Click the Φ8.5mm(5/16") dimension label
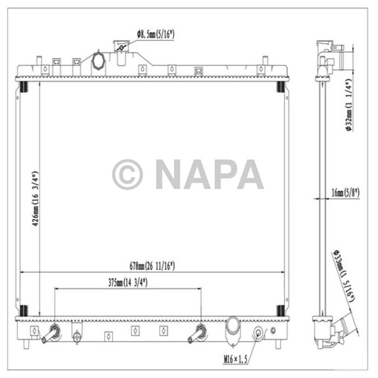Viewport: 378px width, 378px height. coord(156,35)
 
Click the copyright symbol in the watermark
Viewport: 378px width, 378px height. coord(127,174)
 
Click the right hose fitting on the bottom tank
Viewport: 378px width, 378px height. coord(197,334)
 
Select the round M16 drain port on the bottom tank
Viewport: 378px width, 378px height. coord(259,332)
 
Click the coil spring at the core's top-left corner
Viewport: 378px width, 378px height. coord(23,87)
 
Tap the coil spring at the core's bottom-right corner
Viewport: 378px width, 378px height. coord(280,310)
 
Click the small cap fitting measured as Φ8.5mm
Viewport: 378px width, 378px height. coord(121,49)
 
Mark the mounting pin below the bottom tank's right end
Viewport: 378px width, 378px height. coord(278,343)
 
